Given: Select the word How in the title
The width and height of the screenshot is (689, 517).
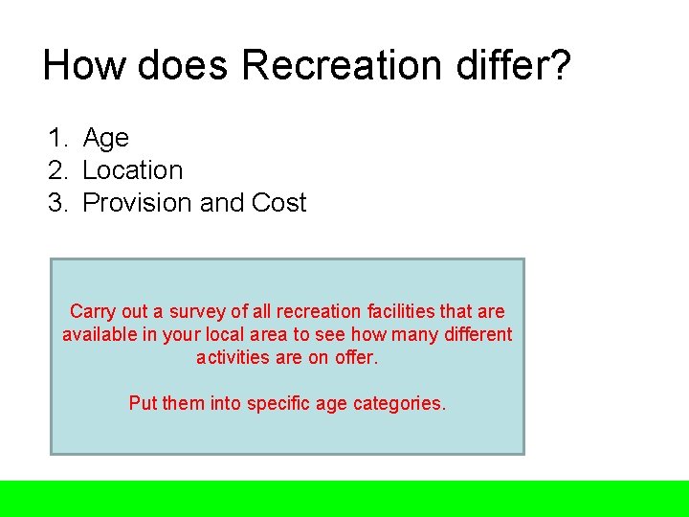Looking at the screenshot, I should pos(84,66).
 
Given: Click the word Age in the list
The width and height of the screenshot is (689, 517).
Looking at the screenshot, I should pos(106,139).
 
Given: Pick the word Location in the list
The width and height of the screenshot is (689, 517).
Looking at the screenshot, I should pos(133,171).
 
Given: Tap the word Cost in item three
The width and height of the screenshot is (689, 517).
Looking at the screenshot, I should pos(279,204).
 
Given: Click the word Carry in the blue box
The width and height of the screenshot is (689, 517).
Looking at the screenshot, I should pos(93,312).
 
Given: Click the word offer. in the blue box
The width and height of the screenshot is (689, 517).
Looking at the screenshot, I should pos(357,358).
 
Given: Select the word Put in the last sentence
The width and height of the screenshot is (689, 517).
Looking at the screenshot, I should pos(143,404).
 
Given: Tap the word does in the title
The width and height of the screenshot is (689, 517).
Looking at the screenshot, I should pos(183,66).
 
